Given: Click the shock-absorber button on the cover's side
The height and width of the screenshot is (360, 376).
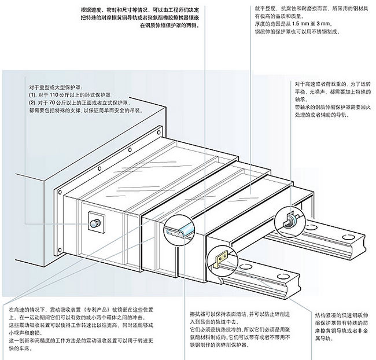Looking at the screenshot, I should (94, 222).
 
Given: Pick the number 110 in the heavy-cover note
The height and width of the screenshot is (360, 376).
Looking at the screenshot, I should (56, 94).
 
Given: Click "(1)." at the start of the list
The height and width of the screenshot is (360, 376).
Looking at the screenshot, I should (32, 94).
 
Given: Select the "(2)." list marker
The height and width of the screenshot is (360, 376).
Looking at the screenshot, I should (32, 102).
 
